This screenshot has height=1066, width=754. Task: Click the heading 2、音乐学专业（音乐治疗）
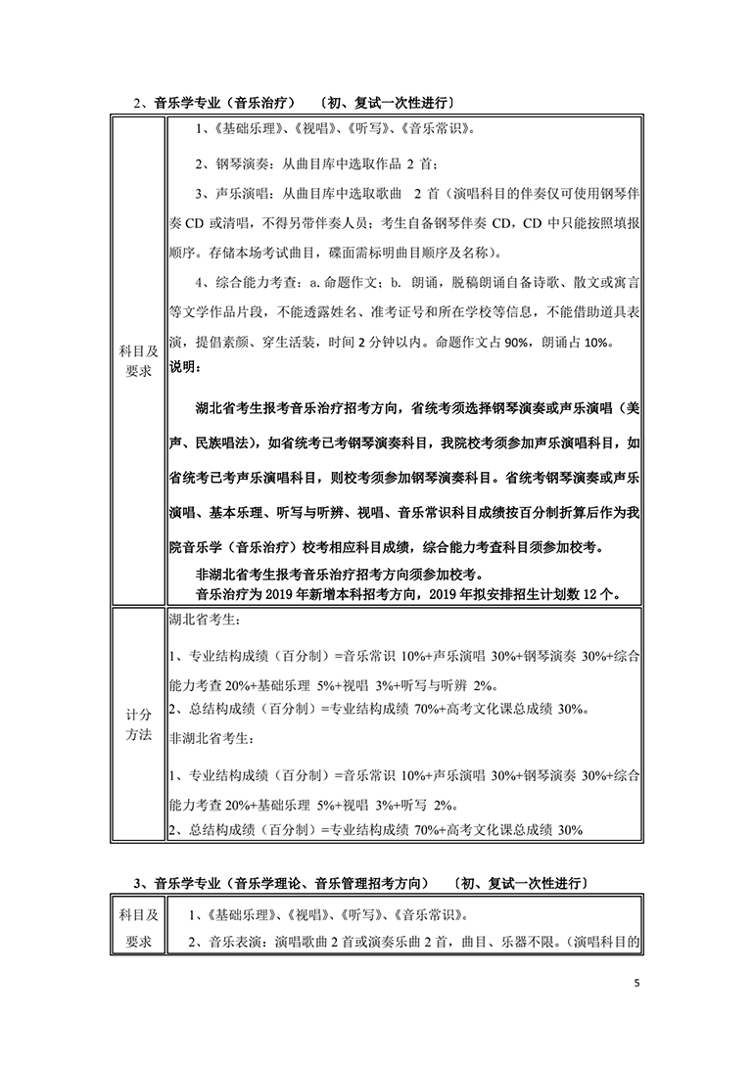point(214,102)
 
